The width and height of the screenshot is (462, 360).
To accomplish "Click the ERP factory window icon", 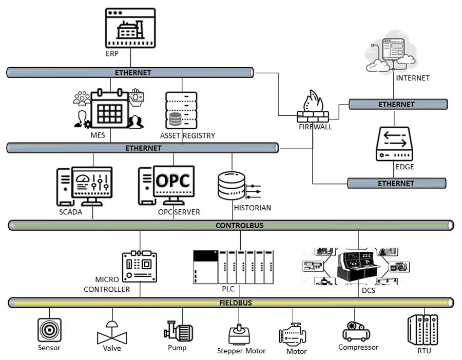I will point(130,28).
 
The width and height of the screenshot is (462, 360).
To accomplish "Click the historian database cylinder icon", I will point(231,186).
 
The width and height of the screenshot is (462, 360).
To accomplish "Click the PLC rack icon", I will point(234,267).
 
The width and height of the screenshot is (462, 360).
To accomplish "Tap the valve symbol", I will point(111,333).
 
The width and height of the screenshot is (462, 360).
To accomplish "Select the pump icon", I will point(178,331).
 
